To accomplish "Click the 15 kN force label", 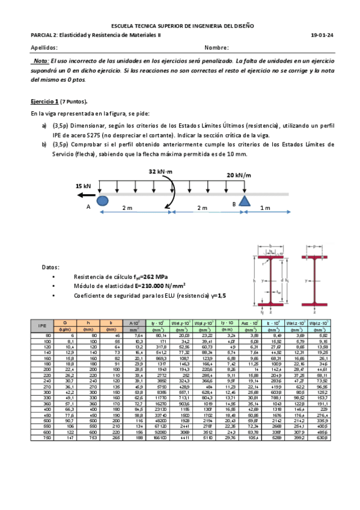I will click(83, 186).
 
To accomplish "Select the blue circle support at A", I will click(102, 200).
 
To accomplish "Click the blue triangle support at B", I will click(244, 200).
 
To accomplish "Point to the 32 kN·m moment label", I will click(161, 172).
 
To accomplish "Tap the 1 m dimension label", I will click(265, 208).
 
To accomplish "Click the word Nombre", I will click(216, 48).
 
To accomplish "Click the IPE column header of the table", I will click(42, 327).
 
